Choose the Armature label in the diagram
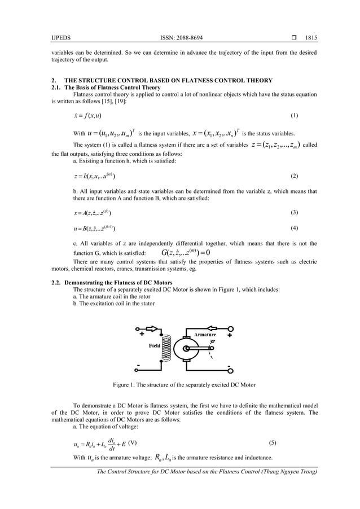(x=205, y=335)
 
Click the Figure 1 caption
(x=185, y=385)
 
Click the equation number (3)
(x=293, y=212)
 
